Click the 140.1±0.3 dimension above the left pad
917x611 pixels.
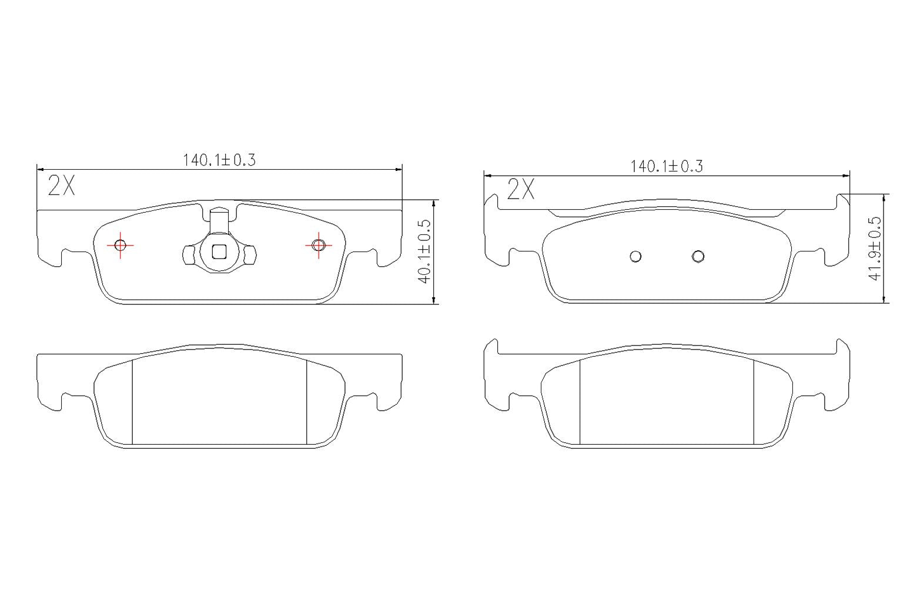(x=219, y=160)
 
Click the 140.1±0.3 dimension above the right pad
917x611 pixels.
(x=667, y=166)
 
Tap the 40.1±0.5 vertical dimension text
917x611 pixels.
(x=425, y=251)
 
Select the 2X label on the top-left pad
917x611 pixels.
(x=61, y=186)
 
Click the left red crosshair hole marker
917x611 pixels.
(x=121, y=245)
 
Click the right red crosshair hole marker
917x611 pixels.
(x=319, y=245)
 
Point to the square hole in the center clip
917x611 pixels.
(x=219, y=251)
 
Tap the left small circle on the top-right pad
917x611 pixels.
(x=635, y=256)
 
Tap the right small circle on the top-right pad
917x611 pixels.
(x=698, y=256)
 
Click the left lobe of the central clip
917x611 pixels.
(x=188, y=254)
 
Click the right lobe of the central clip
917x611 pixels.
(x=251, y=254)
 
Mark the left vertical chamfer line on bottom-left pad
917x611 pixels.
(x=132, y=402)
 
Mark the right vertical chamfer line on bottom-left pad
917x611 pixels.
(x=307, y=402)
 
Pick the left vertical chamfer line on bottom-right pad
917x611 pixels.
(x=580, y=402)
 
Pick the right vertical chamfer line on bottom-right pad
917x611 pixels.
(x=754, y=402)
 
